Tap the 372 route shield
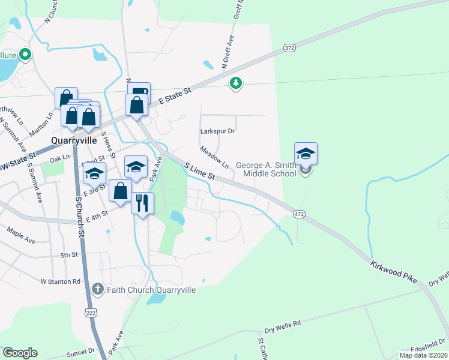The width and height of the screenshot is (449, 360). click(x=289, y=47)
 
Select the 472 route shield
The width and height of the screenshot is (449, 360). click(x=298, y=214)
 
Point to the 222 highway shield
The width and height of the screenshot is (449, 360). click(x=91, y=313)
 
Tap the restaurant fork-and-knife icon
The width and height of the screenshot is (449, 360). click(x=142, y=203)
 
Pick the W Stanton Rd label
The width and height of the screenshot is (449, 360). click(x=60, y=281)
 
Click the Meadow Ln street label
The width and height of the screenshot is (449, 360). click(x=214, y=157)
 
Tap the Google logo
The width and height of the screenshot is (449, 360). click(x=20, y=353)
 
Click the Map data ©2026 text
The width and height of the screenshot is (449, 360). click(x=423, y=355)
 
